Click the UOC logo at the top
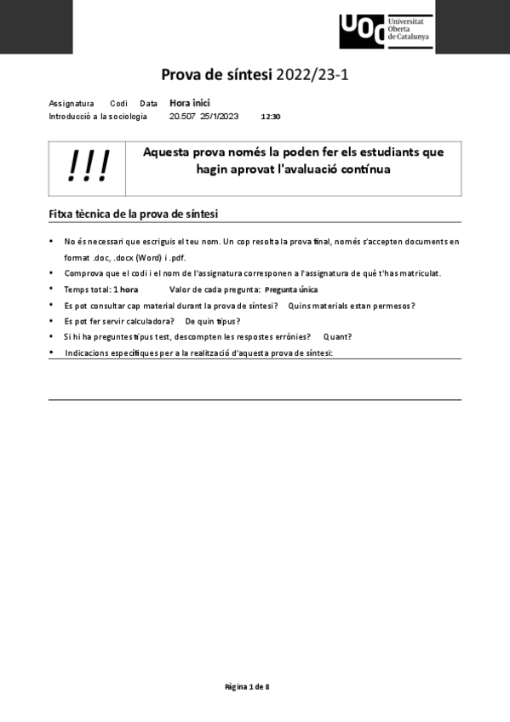pyautogui.click(x=386, y=32)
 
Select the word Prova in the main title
pyautogui.click(x=184, y=75)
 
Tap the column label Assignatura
pyautogui.click(x=72, y=103)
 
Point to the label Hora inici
pyautogui.click(x=189, y=103)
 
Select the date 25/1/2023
pyautogui.click(x=220, y=116)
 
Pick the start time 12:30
pyautogui.click(x=271, y=117)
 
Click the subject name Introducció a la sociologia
pyautogui.click(x=98, y=116)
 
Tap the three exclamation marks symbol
pyautogui.click(x=89, y=167)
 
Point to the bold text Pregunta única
pyautogui.click(x=291, y=289)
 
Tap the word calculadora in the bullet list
pyautogui.click(x=150, y=321)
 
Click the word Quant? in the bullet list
pyautogui.click(x=337, y=336)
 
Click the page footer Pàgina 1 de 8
pyautogui.click(x=247, y=686)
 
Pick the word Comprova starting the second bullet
pyautogui.click(x=83, y=273)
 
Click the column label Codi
pyautogui.click(x=118, y=103)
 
